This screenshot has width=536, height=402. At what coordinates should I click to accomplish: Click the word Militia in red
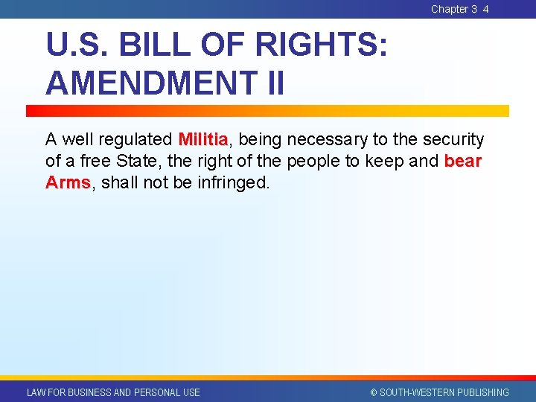pos(203,139)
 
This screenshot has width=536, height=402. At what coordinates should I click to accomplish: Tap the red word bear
pos(463,161)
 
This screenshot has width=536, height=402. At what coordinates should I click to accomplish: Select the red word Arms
pos(68,182)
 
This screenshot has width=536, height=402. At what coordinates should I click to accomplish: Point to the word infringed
pos(233,182)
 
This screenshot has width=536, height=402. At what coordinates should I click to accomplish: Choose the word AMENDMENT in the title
pos(147,83)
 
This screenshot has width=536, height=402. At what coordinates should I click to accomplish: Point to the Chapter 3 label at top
pos(453,9)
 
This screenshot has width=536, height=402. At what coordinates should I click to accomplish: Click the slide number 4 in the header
pos(485,9)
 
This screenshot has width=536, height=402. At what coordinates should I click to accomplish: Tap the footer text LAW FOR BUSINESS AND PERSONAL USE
pos(113,392)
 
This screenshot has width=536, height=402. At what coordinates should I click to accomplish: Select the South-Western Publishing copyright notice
pos(439,392)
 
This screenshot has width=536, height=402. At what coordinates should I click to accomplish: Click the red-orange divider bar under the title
pos(268,110)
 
